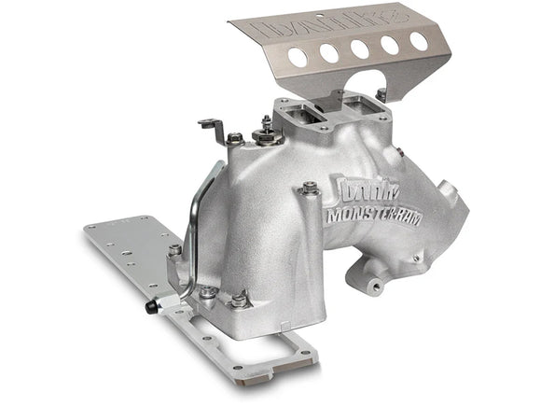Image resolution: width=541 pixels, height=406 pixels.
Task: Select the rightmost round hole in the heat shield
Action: pos(418,41)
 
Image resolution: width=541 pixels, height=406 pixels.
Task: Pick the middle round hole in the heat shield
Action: pos(360,49)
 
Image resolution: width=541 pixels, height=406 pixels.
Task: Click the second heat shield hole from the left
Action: pos(329,53)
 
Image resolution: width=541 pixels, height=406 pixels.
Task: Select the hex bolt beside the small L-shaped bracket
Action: pos(234,138)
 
